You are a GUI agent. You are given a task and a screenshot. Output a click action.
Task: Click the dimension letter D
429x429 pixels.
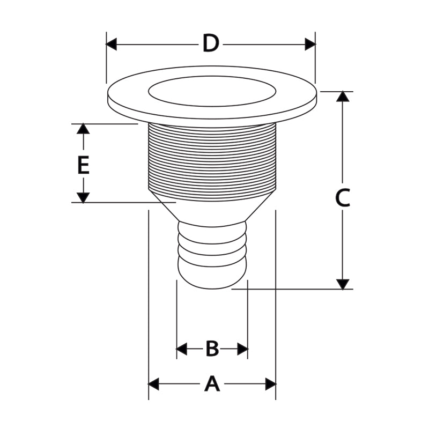pyautogui.click(x=211, y=44)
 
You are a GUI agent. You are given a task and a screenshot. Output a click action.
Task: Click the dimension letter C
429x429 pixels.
pyautogui.click(x=343, y=198)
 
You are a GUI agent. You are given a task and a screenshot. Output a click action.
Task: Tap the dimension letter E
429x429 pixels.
pyautogui.click(x=83, y=165)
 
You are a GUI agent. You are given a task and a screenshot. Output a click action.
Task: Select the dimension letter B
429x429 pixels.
pyautogui.click(x=212, y=349)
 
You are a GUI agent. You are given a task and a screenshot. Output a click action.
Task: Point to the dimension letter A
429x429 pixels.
pyautogui.click(x=212, y=384)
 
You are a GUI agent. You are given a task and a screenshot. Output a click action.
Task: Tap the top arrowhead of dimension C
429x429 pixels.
pyautogui.click(x=343, y=97)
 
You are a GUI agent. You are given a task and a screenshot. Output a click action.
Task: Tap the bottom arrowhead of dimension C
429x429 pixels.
pyautogui.click(x=343, y=284)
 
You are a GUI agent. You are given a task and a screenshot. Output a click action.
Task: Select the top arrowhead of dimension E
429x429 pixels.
pyautogui.click(x=83, y=129)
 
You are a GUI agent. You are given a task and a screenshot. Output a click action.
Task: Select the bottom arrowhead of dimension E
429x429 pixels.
pyautogui.click(x=83, y=197)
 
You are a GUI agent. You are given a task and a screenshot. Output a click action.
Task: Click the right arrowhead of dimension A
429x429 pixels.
pyautogui.click(x=270, y=384)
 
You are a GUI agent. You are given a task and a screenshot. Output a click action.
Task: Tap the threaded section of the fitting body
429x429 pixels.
pyautogui.click(x=212, y=161)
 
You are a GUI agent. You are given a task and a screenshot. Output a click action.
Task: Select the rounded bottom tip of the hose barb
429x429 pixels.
pyautogui.click(x=212, y=279)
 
